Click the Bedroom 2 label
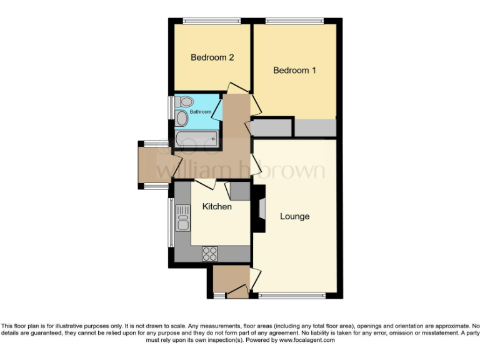(212, 57)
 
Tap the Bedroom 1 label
(294, 71)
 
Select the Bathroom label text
(201, 112)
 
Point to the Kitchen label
(217, 206)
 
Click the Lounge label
(294, 217)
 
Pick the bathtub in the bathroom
(196, 138)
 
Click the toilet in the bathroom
(184, 102)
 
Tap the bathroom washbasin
(181, 118)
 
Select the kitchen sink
(182, 218)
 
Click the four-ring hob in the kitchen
(209, 254)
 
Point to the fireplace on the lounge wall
(259, 209)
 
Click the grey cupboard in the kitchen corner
(240, 190)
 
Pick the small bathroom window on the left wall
(171, 107)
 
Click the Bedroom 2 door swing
(238, 88)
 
